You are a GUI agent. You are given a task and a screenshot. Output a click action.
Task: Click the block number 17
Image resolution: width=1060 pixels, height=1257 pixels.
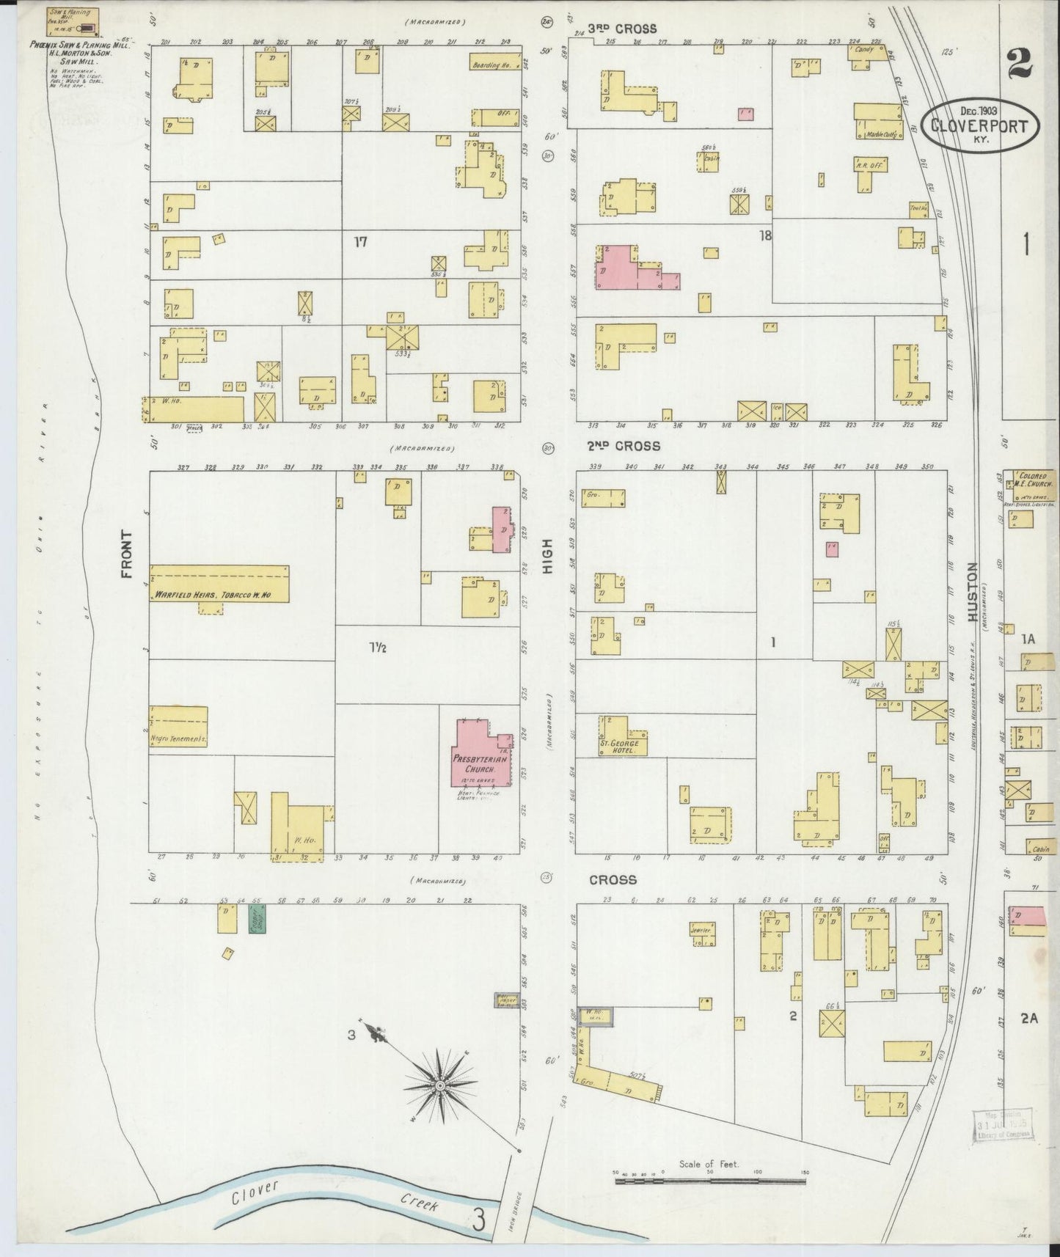(x=360, y=242)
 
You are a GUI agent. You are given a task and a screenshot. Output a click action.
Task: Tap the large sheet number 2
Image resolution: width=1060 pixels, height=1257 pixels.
(x=1020, y=65)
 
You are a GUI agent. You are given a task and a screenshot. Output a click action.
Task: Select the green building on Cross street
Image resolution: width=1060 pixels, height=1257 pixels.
(x=257, y=917)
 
